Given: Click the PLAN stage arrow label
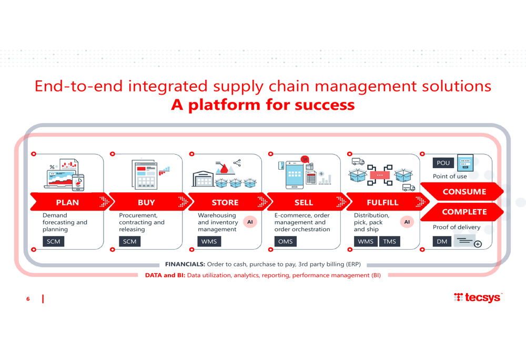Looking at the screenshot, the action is coord(67,202).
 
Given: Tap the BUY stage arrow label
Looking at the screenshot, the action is coord(146,202).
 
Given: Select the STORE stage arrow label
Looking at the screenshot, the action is coord(225,202).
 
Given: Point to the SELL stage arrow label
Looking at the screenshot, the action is coord(304,202).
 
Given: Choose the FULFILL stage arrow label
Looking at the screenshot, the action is coord(382,202).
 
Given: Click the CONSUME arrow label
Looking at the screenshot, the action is coord(464,192).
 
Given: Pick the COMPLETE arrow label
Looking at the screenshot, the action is coord(464,212).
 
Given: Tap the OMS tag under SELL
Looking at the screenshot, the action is coord(286,241).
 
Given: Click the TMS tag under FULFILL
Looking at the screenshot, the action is coord(389,241).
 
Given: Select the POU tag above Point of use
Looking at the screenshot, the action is coord(443,163).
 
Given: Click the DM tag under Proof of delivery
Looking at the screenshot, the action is coord(442,241).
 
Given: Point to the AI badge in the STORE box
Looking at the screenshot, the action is coord(250,222).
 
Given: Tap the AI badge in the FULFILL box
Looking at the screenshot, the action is coord(407,222).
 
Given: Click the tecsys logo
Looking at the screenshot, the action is coord(478,297).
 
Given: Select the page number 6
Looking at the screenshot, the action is coord(28,299).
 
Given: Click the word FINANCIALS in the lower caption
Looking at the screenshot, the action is coord(185,264).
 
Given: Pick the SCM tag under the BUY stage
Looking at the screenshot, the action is coord(129,241).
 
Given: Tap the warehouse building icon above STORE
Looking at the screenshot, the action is coord(203,179).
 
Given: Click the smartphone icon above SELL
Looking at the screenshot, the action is coord(294,174).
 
